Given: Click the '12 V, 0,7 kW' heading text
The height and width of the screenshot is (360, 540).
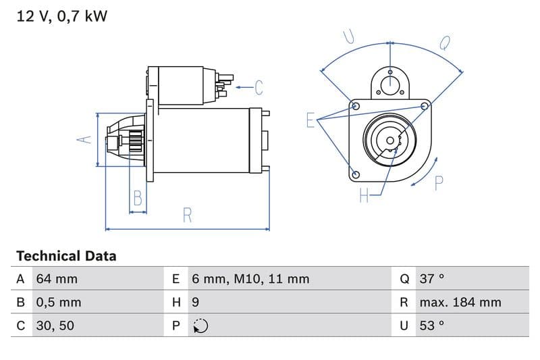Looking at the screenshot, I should (x=61, y=16).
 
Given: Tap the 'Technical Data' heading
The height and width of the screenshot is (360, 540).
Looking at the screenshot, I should (x=66, y=256).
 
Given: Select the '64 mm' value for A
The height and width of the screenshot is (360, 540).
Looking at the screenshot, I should (x=57, y=279).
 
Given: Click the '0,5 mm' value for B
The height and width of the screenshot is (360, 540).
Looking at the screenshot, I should (x=58, y=302).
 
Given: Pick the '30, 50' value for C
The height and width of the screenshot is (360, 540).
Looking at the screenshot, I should (x=55, y=326).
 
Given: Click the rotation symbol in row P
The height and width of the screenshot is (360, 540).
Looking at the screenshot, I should (x=200, y=326).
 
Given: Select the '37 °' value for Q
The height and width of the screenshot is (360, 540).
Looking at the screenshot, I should (x=432, y=279).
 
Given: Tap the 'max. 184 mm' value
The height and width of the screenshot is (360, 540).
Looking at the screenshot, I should (x=460, y=302).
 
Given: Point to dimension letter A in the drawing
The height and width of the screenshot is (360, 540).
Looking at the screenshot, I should (x=83, y=139).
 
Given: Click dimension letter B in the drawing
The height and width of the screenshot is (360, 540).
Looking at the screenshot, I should (x=138, y=198).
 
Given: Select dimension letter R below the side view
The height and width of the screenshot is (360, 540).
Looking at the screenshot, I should (x=188, y=215).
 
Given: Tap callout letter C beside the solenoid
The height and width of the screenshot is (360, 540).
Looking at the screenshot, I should (x=259, y=87).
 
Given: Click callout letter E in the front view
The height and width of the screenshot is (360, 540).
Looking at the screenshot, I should (x=310, y=120).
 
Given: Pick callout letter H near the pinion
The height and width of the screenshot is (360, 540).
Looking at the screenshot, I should (x=364, y=196).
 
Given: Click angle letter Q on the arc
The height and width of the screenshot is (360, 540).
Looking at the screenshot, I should (x=445, y=43).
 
